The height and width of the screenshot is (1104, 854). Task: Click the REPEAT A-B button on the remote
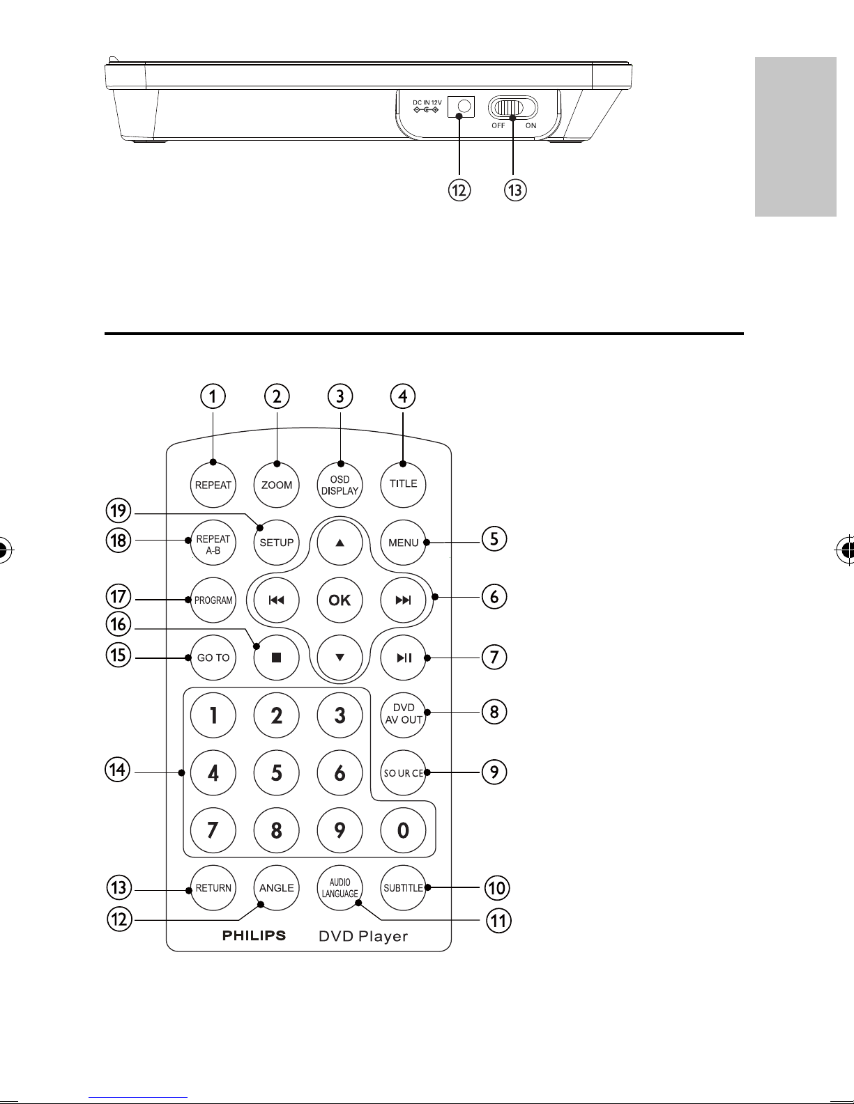(x=213, y=543)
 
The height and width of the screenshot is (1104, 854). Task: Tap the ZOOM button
(x=277, y=485)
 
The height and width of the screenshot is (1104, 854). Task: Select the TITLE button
(x=403, y=484)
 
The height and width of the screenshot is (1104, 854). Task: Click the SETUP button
(x=277, y=543)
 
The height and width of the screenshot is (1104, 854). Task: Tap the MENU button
(x=403, y=543)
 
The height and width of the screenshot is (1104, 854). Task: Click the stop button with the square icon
(x=277, y=658)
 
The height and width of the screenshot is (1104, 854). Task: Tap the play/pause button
(x=403, y=658)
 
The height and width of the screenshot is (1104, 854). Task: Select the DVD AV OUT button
(x=403, y=714)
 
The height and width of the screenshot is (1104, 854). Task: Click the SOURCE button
(x=403, y=772)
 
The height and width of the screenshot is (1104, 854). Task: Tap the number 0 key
(x=403, y=830)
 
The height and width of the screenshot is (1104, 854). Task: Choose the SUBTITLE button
(x=403, y=888)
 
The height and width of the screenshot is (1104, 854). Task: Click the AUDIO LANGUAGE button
(x=340, y=888)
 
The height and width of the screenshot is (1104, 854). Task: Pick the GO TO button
(x=213, y=658)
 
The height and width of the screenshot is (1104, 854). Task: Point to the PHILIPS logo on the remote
(x=254, y=935)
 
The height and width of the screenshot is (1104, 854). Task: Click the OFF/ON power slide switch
(x=513, y=108)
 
